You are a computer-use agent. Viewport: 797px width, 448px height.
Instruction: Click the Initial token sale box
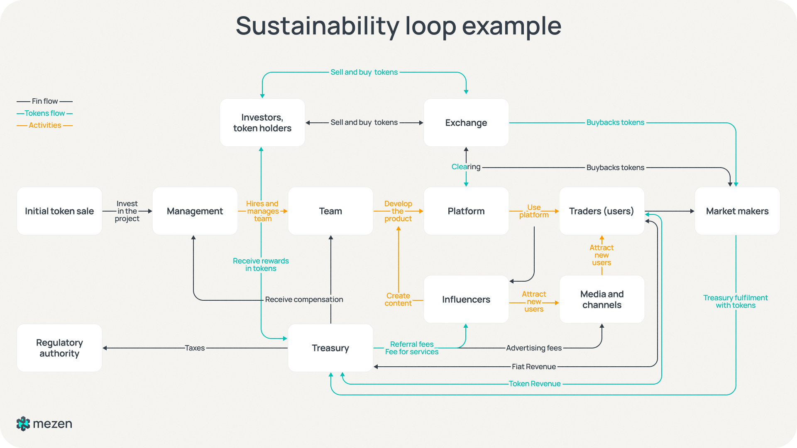pos(59,211)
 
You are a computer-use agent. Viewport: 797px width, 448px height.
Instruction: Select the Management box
pos(195,211)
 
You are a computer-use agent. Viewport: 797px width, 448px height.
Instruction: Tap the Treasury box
pos(330,348)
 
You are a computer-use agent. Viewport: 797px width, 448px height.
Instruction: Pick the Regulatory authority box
pos(59,348)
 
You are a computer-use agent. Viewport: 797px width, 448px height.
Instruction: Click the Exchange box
pos(466,123)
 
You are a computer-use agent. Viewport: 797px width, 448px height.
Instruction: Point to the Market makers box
pos(737,211)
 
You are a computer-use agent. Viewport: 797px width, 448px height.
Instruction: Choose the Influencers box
pos(466,299)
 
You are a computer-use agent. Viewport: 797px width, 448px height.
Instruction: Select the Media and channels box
pos(601,299)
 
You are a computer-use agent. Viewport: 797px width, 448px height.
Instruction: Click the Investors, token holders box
pos(262,123)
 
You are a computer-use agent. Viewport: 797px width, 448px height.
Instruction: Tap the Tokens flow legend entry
pos(44,113)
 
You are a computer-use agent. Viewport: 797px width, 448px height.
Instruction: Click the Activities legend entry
pos(44,125)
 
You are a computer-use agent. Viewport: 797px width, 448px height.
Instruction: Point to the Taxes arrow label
pos(195,348)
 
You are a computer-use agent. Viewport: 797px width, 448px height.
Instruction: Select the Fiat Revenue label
pos(533,367)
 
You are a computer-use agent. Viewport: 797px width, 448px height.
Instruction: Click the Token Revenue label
pos(534,384)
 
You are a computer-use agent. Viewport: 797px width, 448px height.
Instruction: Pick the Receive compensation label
pos(304,299)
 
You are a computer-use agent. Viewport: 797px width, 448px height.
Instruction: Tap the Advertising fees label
pos(533,348)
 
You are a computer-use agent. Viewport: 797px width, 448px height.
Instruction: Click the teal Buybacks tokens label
pos(615,122)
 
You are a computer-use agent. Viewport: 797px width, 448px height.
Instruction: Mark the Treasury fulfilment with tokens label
pos(735,302)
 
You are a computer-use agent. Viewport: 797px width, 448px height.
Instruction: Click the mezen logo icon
pos(23,424)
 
